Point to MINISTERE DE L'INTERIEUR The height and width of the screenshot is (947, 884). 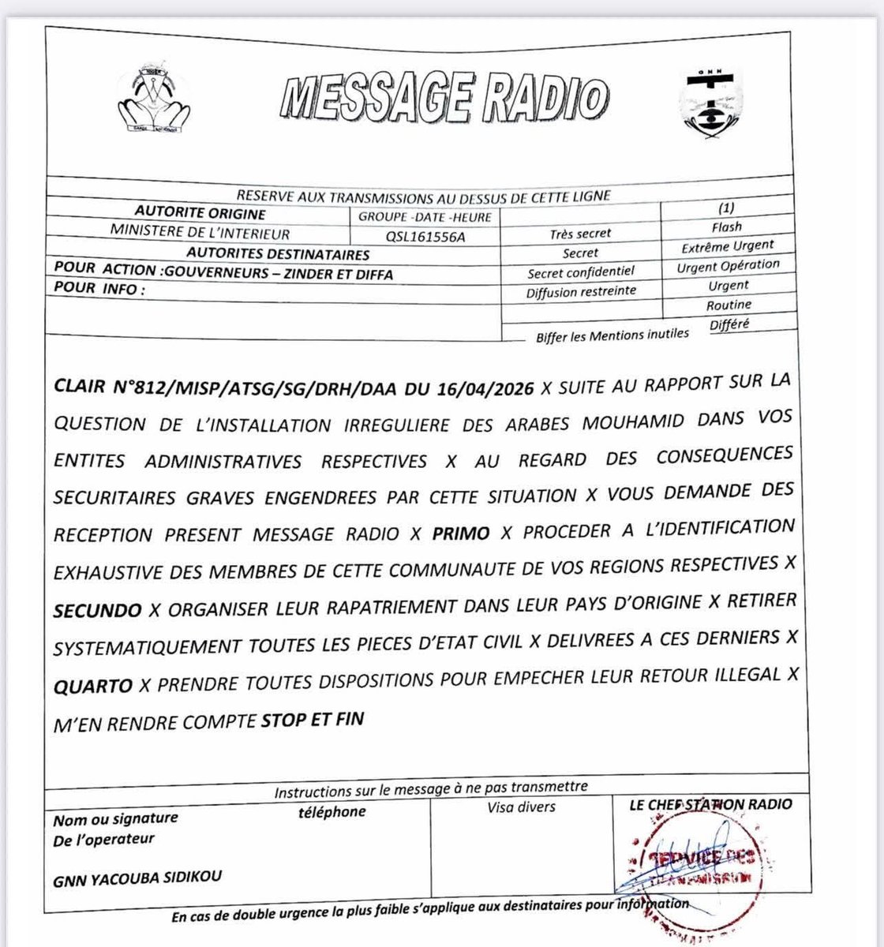click(x=200, y=234)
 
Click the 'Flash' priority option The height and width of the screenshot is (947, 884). click(x=726, y=226)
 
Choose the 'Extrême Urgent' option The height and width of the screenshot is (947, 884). click(x=728, y=246)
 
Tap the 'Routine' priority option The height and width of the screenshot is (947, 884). click(x=729, y=305)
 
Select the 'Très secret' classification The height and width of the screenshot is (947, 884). click(x=581, y=234)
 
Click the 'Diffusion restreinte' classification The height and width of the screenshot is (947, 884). click(x=581, y=292)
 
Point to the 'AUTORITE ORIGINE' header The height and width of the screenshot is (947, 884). click(x=200, y=214)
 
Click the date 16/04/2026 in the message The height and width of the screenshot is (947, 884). click(x=491, y=388)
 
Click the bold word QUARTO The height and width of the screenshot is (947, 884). click(x=93, y=686)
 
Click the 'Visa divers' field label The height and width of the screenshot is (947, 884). click(x=521, y=807)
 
